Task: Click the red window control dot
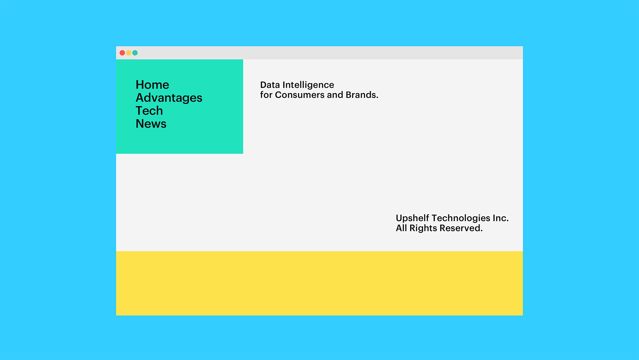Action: click(x=122, y=53)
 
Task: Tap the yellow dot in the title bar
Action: click(x=129, y=53)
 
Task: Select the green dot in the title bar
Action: click(x=135, y=53)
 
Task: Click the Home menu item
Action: click(x=152, y=85)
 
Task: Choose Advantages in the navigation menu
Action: click(x=169, y=98)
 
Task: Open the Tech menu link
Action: click(x=149, y=111)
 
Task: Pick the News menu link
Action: click(x=151, y=124)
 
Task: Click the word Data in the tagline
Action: click(x=270, y=85)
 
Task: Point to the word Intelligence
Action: click(x=308, y=85)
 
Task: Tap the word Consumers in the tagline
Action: click(x=299, y=95)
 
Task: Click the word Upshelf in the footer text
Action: click(x=412, y=218)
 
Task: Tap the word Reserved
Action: click(x=461, y=228)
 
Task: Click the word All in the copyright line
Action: click(x=401, y=228)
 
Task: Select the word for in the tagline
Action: click(x=266, y=95)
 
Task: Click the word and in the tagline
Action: click(x=335, y=95)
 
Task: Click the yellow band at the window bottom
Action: click(x=319, y=283)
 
